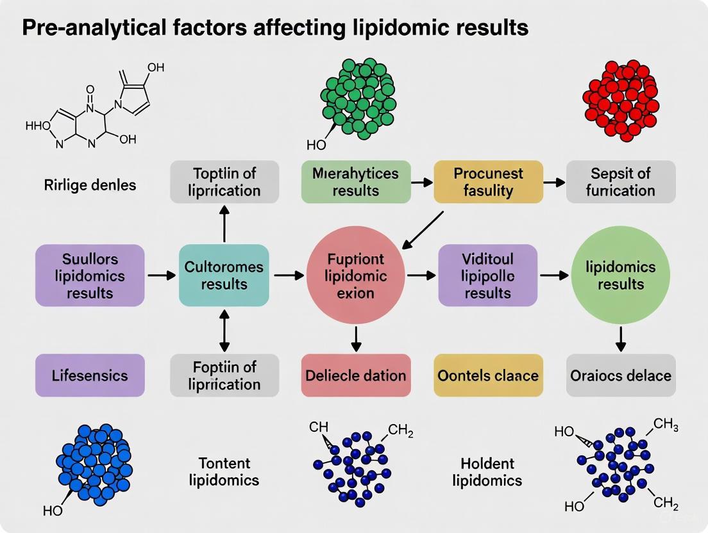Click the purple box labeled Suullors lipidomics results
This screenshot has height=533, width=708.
90,275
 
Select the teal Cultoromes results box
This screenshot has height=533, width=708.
224,275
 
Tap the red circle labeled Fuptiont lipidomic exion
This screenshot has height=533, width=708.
356,275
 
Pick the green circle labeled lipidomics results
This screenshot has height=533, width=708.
621,275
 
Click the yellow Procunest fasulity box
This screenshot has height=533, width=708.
488,182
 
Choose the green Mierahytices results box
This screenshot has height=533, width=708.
355,182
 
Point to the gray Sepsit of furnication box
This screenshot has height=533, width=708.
621,182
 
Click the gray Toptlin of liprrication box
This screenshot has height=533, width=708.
224,182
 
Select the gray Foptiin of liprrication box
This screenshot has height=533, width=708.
224,375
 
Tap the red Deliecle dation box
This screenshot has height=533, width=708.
355,375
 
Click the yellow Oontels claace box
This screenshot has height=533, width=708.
488,375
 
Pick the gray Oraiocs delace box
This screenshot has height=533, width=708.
621,375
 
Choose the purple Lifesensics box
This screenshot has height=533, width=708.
90,375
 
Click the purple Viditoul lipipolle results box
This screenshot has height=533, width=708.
488,275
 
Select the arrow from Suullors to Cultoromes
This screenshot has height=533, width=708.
162,275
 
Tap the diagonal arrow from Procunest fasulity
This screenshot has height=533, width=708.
422,229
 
